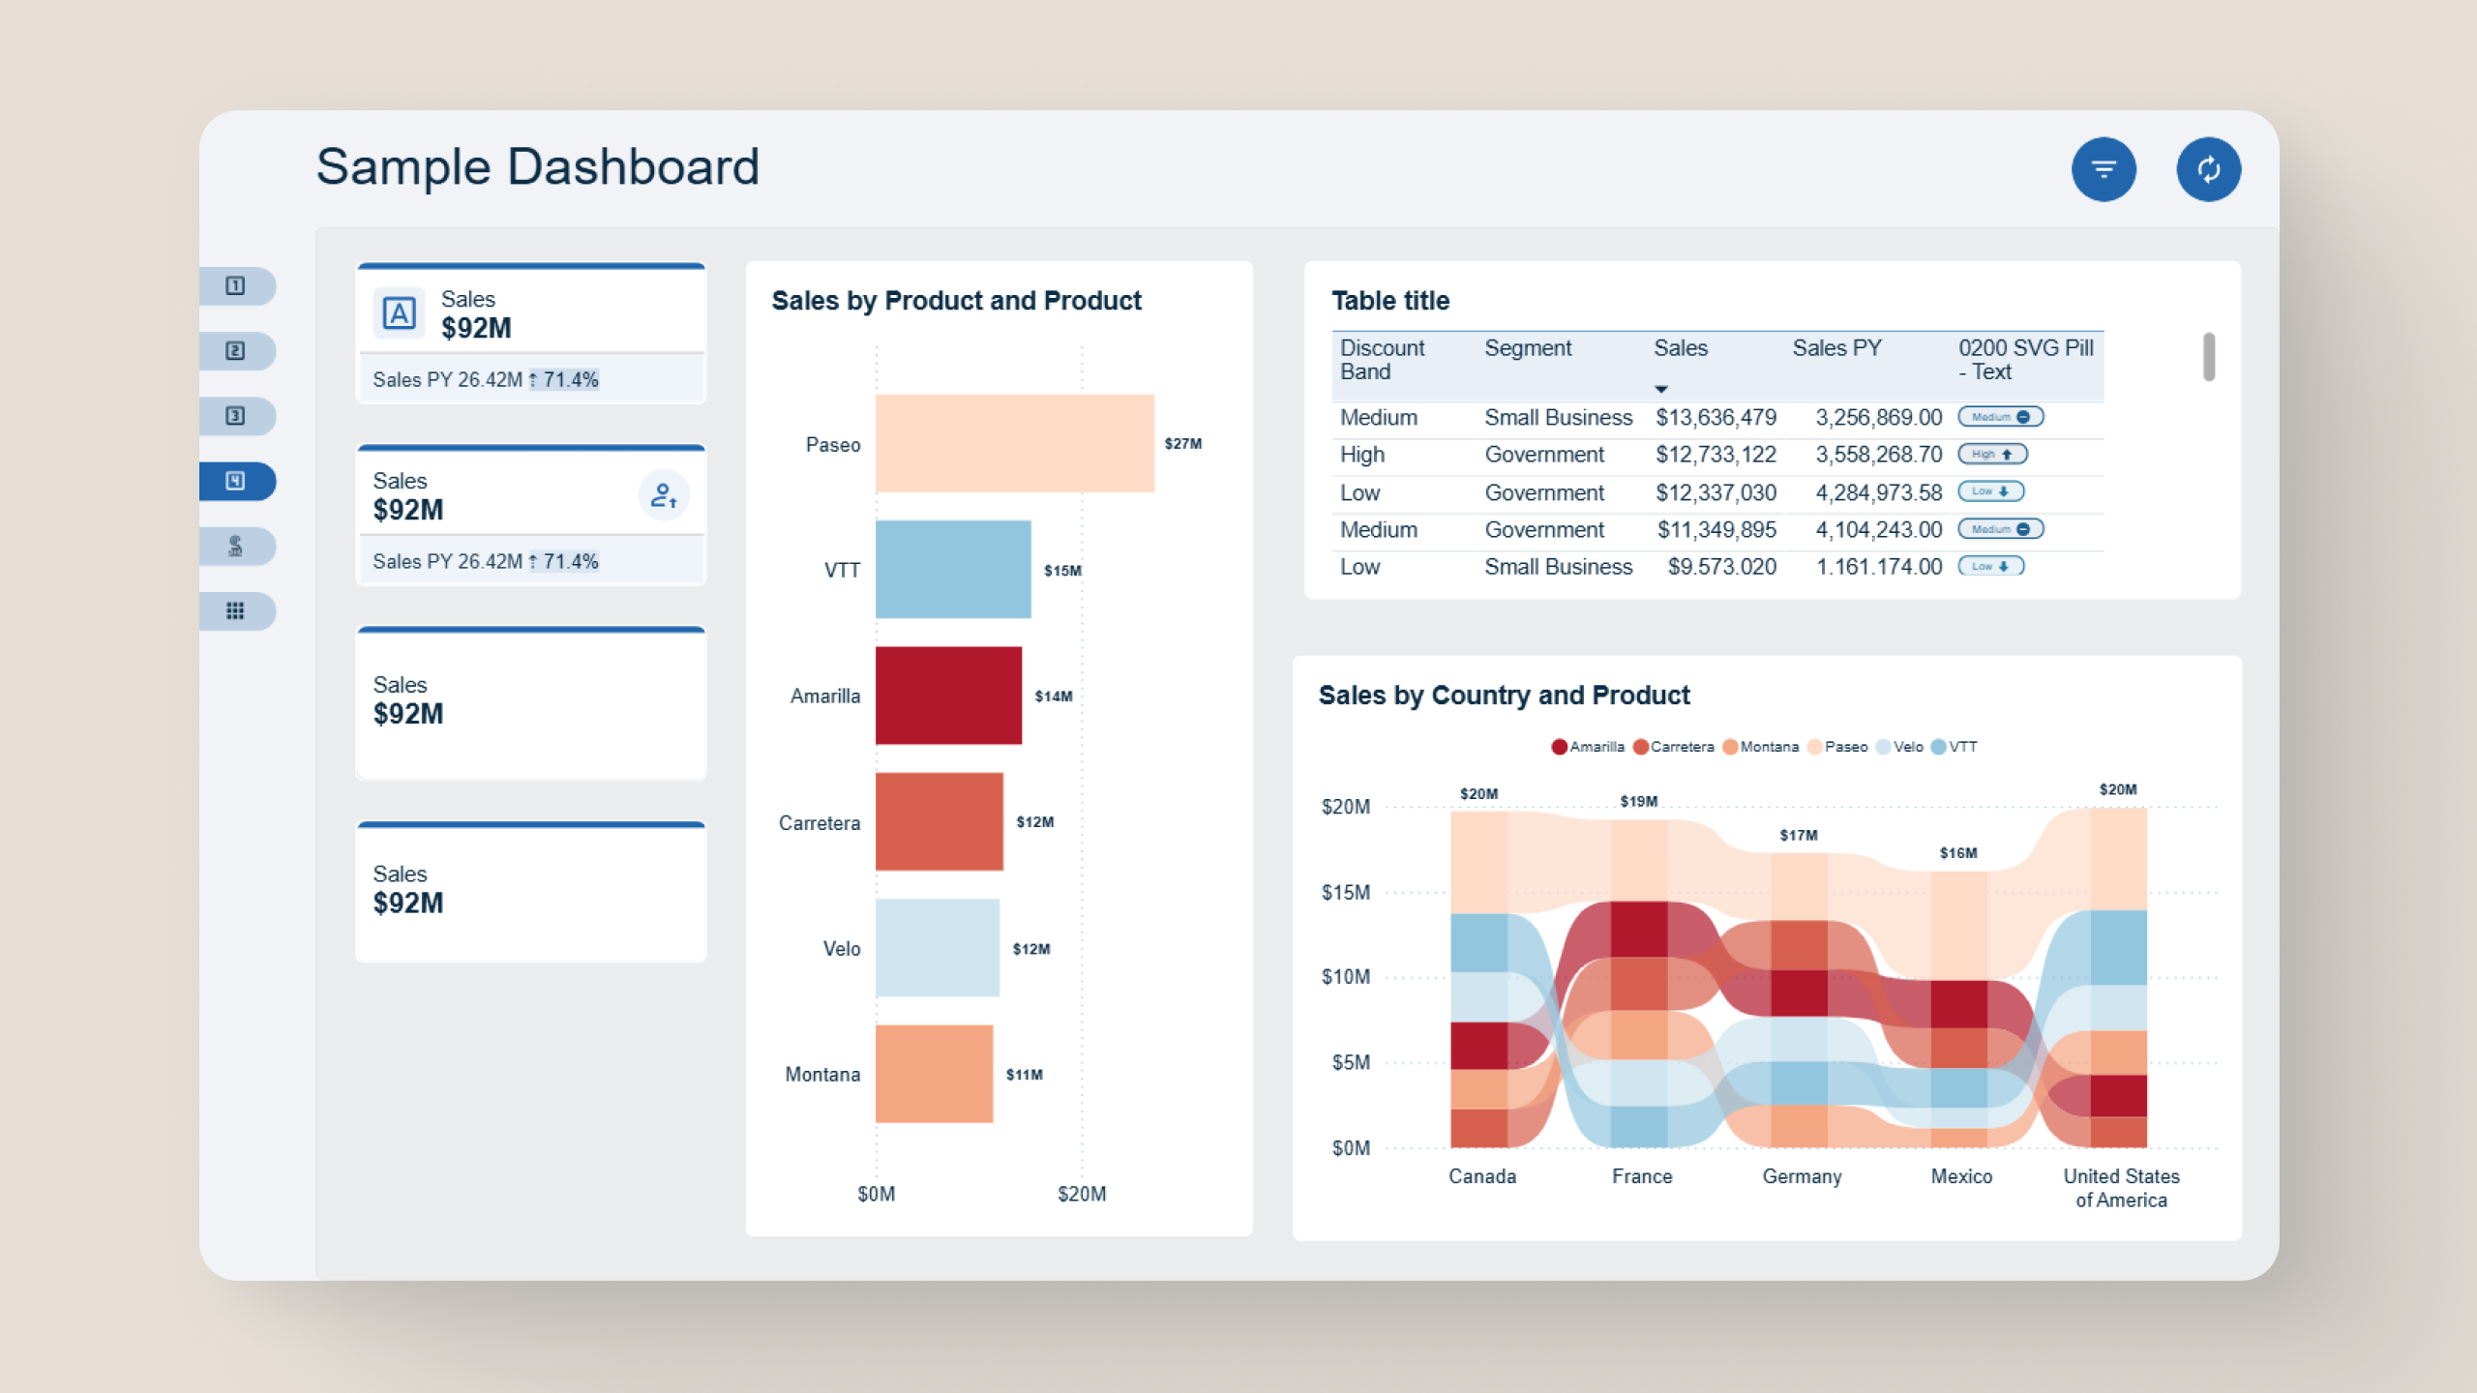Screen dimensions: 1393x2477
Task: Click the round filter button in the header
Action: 2103,170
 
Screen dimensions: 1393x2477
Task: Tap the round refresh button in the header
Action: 2208,170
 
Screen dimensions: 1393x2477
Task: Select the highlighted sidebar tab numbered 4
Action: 236,481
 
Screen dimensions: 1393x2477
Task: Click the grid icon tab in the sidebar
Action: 236,611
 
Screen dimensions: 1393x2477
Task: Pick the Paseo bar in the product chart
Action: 1014,443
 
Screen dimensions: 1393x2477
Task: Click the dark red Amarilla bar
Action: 948,696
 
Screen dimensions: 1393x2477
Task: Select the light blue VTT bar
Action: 953,570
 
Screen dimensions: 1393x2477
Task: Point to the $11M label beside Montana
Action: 1024,1075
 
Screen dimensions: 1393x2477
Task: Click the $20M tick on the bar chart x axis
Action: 1081,1194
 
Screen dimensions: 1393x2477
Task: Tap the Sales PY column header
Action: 1835,348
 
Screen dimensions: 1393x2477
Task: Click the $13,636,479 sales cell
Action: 1715,418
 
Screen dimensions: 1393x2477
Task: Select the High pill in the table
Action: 1991,455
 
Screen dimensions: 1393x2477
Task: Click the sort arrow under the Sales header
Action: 1660,389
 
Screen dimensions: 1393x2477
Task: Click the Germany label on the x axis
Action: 1801,1176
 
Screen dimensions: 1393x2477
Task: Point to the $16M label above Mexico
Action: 1957,853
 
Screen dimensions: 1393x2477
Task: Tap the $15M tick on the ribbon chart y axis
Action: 1345,892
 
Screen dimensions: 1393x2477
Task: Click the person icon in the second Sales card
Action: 664,496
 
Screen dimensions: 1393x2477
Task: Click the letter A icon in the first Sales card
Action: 399,313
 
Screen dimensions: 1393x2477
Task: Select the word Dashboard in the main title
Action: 633,167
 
